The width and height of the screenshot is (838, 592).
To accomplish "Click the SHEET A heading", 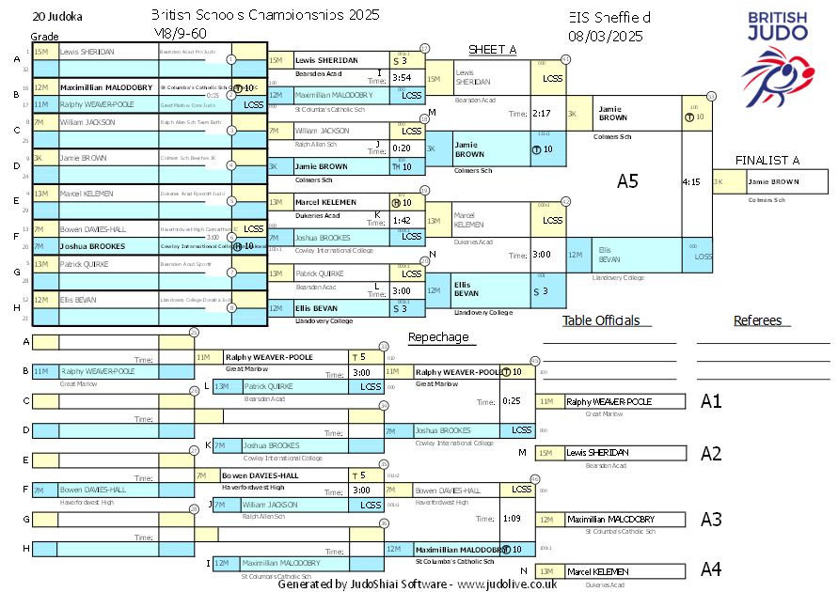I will coord(492,50).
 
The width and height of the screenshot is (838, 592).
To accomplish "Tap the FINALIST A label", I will coord(767,161).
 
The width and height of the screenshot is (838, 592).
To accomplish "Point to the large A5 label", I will coord(627,181).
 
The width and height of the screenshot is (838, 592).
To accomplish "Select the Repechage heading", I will coord(437,337).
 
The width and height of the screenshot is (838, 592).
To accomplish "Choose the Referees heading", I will coord(758,320).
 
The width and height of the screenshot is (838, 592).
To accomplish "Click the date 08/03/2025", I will coord(606,37).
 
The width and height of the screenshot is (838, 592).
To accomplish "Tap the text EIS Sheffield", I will coord(609,18).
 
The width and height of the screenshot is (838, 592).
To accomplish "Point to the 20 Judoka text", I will coord(56,17).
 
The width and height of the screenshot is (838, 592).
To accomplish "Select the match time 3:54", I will coord(402,78).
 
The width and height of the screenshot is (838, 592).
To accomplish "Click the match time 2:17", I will coord(541,114).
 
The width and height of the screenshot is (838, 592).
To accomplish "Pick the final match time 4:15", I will coord(691,182).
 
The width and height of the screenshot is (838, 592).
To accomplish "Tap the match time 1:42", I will coord(402,220).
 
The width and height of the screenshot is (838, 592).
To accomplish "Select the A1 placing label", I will coord(711,401).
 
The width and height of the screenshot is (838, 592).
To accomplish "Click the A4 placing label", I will coord(711,569).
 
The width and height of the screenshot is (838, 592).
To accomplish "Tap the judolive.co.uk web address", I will coord(507,584).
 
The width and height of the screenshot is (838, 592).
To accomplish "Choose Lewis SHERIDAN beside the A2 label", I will coord(597,453).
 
